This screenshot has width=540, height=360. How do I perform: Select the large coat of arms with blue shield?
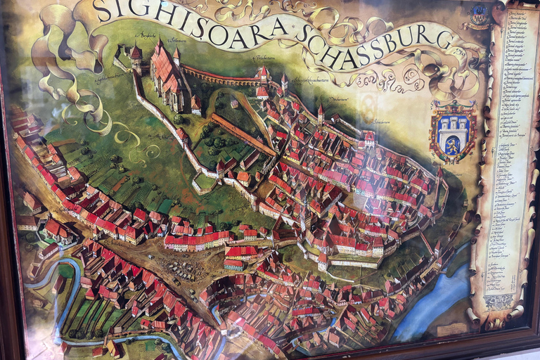(x=452, y=131)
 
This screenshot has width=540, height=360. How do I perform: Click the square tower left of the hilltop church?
(x=136, y=56)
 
